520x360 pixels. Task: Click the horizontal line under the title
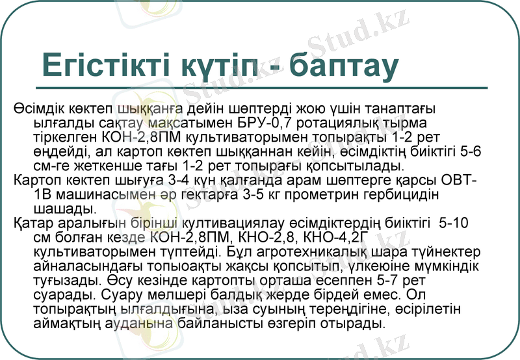tap(260, 88)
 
